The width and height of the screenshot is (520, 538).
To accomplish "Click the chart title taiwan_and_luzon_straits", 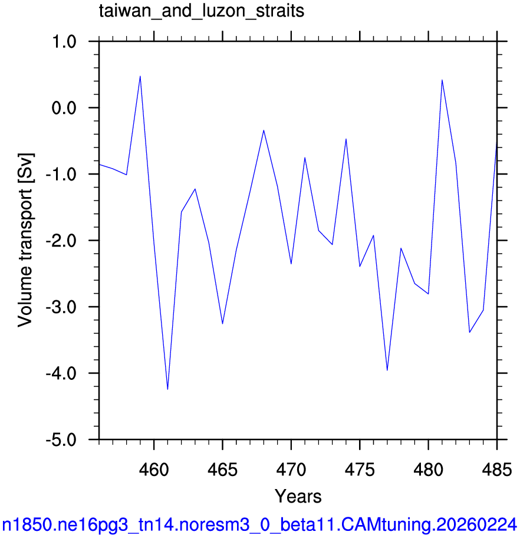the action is (x=202, y=11).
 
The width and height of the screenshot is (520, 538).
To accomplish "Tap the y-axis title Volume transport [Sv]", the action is (x=25, y=240).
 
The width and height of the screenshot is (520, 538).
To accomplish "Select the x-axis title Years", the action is (x=298, y=496).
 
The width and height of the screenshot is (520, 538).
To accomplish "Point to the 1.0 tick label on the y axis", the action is (x=64, y=42).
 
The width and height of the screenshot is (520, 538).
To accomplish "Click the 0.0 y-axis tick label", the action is (x=64, y=108).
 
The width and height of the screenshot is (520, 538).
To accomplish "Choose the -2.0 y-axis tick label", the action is (x=61, y=241).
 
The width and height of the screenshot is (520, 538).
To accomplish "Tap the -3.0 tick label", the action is (x=61, y=307).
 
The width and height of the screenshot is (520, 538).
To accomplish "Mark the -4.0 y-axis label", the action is (x=61, y=373).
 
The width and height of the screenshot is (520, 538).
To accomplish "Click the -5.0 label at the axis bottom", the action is (x=61, y=439).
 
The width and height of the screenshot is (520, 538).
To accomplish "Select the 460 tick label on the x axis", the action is (x=154, y=470).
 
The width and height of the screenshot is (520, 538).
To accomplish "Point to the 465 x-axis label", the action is (x=223, y=470).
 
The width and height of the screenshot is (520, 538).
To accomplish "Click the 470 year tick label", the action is (x=291, y=470).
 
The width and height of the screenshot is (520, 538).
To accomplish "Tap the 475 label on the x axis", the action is (x=360, y=470).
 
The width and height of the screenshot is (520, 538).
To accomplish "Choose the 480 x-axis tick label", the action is (x=429, y=470).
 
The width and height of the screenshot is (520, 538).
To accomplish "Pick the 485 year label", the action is (x=497, y=470).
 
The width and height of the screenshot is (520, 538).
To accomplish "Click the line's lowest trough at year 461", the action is (x=167, y=389).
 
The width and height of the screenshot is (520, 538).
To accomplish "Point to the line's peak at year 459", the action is (x=140, y=76).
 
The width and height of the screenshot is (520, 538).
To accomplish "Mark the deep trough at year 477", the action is (x=387, y=370).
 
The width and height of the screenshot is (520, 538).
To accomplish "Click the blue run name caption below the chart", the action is (x=259, y=525).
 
